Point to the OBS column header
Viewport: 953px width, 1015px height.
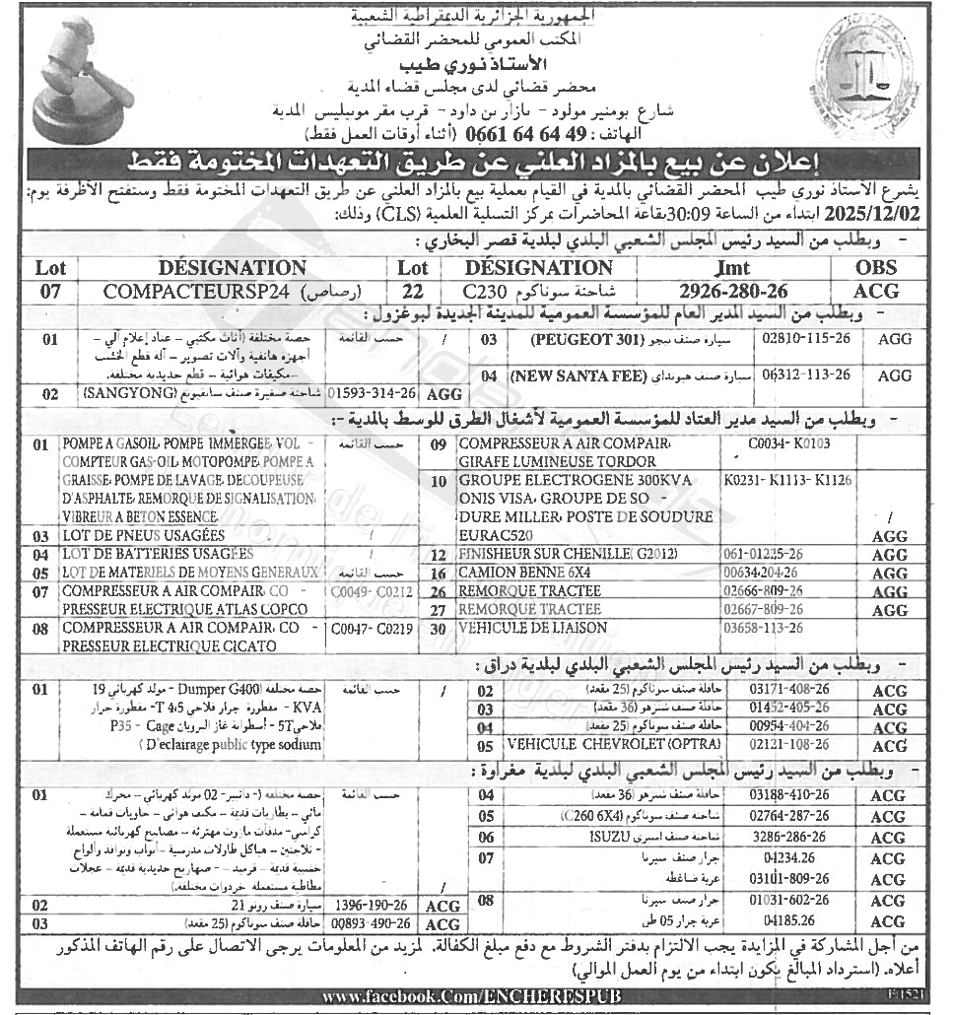[x=876, y=268]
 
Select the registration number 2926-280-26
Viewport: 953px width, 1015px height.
[x=734, y=291]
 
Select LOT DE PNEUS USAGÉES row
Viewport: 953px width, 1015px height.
[x=144, y=536]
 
